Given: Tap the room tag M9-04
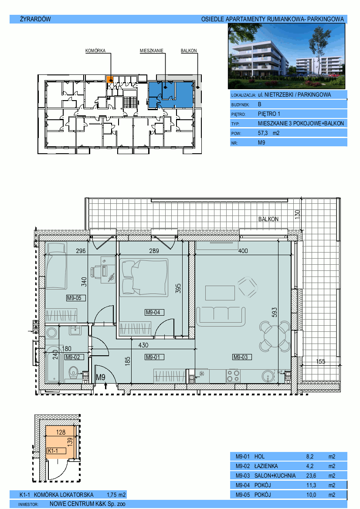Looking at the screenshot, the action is [154, 312].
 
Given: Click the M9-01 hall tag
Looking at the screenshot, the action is [154, 357].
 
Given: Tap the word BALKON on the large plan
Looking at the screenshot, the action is [268, 219].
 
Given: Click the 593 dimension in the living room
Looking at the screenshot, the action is [275, 312].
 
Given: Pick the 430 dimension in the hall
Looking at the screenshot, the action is [143, 345].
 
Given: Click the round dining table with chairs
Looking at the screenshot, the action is [275, 336].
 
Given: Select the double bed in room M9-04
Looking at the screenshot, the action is [144, 277].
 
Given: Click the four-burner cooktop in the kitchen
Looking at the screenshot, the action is [233, 376].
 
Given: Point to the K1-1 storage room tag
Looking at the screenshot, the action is [56, 451].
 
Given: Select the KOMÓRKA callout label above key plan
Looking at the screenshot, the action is [95, 51].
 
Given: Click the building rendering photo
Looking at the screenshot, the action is [287, 57].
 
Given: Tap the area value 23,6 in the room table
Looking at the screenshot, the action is [311, 475].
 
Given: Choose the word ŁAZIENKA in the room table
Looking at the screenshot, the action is [266, 466].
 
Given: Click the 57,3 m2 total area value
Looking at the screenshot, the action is [269, 133].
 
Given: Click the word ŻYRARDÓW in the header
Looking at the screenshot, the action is [35, 19].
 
